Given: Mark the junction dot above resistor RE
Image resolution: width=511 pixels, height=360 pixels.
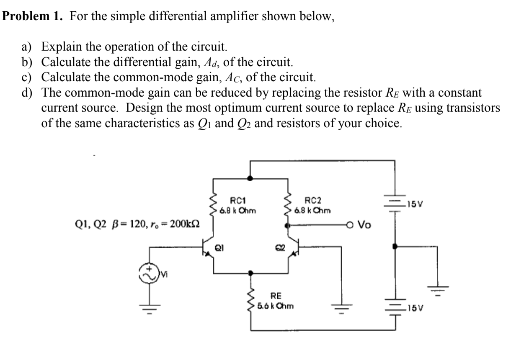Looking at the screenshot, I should click(x=250, y=274).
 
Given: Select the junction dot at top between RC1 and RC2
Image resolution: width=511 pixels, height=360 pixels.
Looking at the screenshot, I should click(x=250, y=178).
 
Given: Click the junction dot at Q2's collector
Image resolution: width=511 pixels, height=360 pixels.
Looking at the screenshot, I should click(x=287, y=225).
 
